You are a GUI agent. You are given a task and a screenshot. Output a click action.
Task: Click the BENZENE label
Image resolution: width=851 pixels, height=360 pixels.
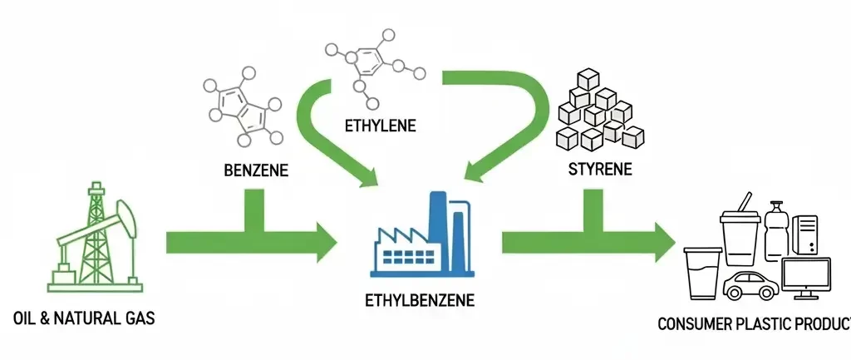coord(256,171)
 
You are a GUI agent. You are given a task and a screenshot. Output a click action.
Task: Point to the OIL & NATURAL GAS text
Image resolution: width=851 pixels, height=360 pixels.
coord(85,318)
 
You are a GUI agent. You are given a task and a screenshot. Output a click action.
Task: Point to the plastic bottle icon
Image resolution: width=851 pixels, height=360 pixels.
coord(777,232)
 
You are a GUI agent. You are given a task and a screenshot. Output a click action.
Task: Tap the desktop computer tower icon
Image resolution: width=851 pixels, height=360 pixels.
coord(806,233)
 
